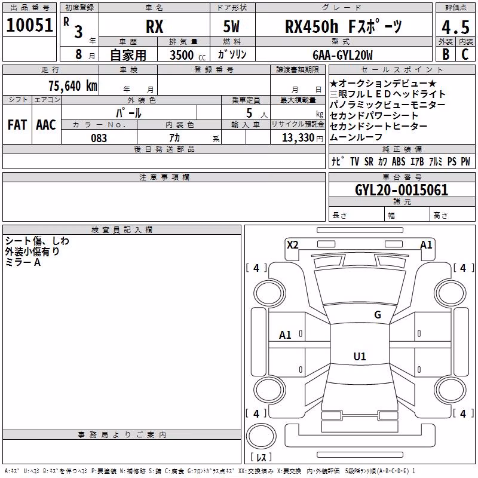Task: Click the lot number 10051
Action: click(29, 25)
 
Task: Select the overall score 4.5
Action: click(455, 27)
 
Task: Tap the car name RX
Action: click(155, 26)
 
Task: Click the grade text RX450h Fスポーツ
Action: click(344, 26)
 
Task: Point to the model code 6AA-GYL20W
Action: click(342, 55)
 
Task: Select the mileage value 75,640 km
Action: click(73, 86)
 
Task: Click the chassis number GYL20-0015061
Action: click(402, 190)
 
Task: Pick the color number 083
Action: click(99, 138)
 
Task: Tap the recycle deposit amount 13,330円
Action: click(302, 138)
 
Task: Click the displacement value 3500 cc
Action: click(188, 55)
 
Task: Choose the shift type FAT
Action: click(17, 125)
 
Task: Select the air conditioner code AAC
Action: click(46, 125)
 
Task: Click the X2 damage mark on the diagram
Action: click(293, 245)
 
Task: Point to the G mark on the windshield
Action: click(378, 315)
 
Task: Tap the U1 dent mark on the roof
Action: click(360, 356)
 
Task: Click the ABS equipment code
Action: click(399, 161)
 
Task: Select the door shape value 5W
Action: click(231, 26)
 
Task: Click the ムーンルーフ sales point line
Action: click(356, 137)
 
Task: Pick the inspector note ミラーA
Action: click(23, 262)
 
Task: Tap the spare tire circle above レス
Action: click(261, 436)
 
